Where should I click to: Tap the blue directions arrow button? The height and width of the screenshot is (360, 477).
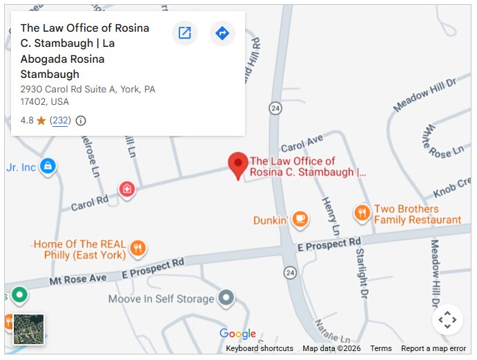222,33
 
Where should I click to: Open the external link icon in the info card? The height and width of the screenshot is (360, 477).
184,33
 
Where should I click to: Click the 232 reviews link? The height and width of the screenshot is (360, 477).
61,121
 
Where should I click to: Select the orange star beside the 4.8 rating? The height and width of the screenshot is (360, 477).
41,121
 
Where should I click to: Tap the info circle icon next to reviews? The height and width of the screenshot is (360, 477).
81,121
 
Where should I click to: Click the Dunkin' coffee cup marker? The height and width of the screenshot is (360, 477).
300,219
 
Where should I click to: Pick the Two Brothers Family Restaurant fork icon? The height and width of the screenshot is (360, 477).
362,214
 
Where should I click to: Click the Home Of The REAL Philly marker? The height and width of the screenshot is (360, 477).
138,248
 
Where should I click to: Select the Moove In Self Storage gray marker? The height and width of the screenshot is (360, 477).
226,299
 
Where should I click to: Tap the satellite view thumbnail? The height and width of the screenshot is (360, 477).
29,329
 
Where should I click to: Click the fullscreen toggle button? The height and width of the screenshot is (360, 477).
447,319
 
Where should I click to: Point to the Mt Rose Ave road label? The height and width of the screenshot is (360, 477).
79,279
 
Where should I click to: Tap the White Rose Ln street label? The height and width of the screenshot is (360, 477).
444,141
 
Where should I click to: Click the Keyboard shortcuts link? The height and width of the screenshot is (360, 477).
260,348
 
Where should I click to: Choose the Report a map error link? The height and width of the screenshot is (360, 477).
434,348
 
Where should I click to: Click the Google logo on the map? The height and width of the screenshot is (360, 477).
237,334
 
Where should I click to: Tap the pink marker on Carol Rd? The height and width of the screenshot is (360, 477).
126,188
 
